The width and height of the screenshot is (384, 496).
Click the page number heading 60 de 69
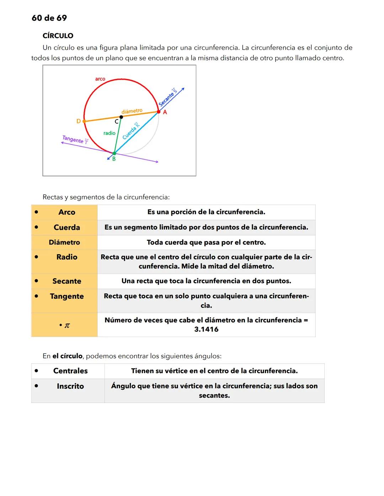(49, 18)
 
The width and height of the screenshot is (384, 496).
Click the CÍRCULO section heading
(58, 36)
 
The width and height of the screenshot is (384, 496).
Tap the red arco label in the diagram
(100, 79)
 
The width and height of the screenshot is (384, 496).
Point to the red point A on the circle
(159, 111)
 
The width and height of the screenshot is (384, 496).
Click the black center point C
(121, 117)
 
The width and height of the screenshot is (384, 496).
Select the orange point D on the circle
(84, 121)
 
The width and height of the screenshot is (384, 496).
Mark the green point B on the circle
(114, 154)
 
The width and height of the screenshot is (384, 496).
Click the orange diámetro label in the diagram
(132, 111)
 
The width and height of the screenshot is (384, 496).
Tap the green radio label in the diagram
(109, 133)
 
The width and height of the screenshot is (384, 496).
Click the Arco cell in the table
(67, 212)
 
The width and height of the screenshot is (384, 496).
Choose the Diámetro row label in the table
(64, 242)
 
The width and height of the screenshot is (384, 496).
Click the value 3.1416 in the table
(206, 329)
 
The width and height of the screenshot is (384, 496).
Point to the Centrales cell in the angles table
(70, 371)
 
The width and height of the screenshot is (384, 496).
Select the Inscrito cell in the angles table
(70, 386)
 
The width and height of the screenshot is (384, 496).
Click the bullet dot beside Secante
(36, 281)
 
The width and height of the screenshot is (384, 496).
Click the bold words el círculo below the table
(67, 356)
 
